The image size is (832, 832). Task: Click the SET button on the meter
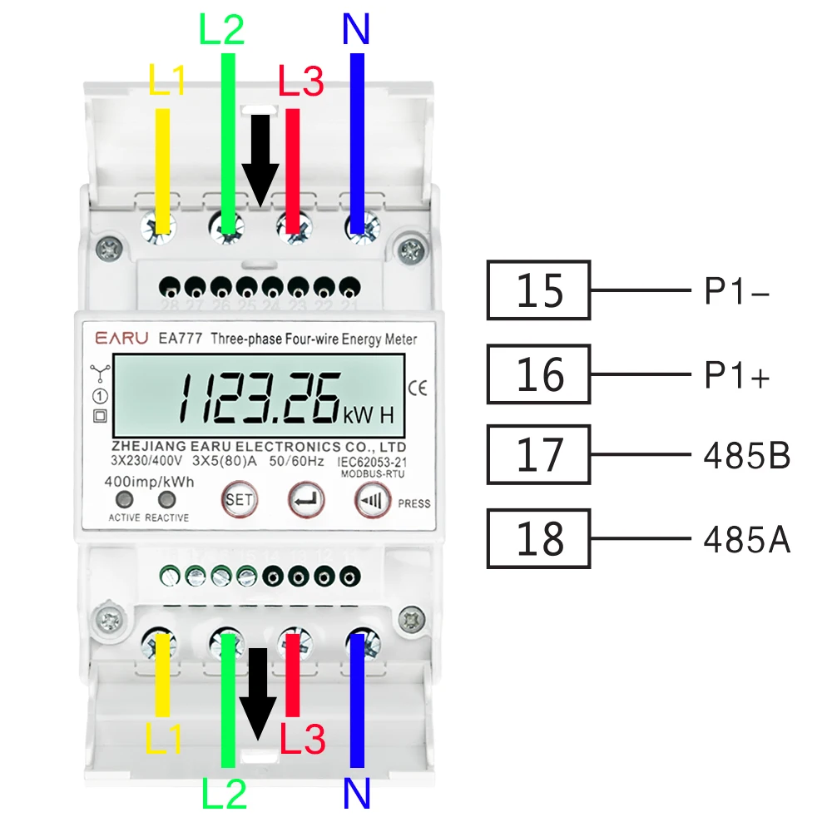tap(240, 501)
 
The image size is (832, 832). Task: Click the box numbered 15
tap(539, 290)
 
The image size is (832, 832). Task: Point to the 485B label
tap(746, 456)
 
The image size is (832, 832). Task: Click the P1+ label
tap(737, 376)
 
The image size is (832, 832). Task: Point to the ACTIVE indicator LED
tap(125, 499)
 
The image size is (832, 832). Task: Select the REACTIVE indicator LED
tap(167, 499)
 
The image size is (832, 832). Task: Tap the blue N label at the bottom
tap(356, 795)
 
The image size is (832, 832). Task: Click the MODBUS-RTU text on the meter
tap(370, 474)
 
